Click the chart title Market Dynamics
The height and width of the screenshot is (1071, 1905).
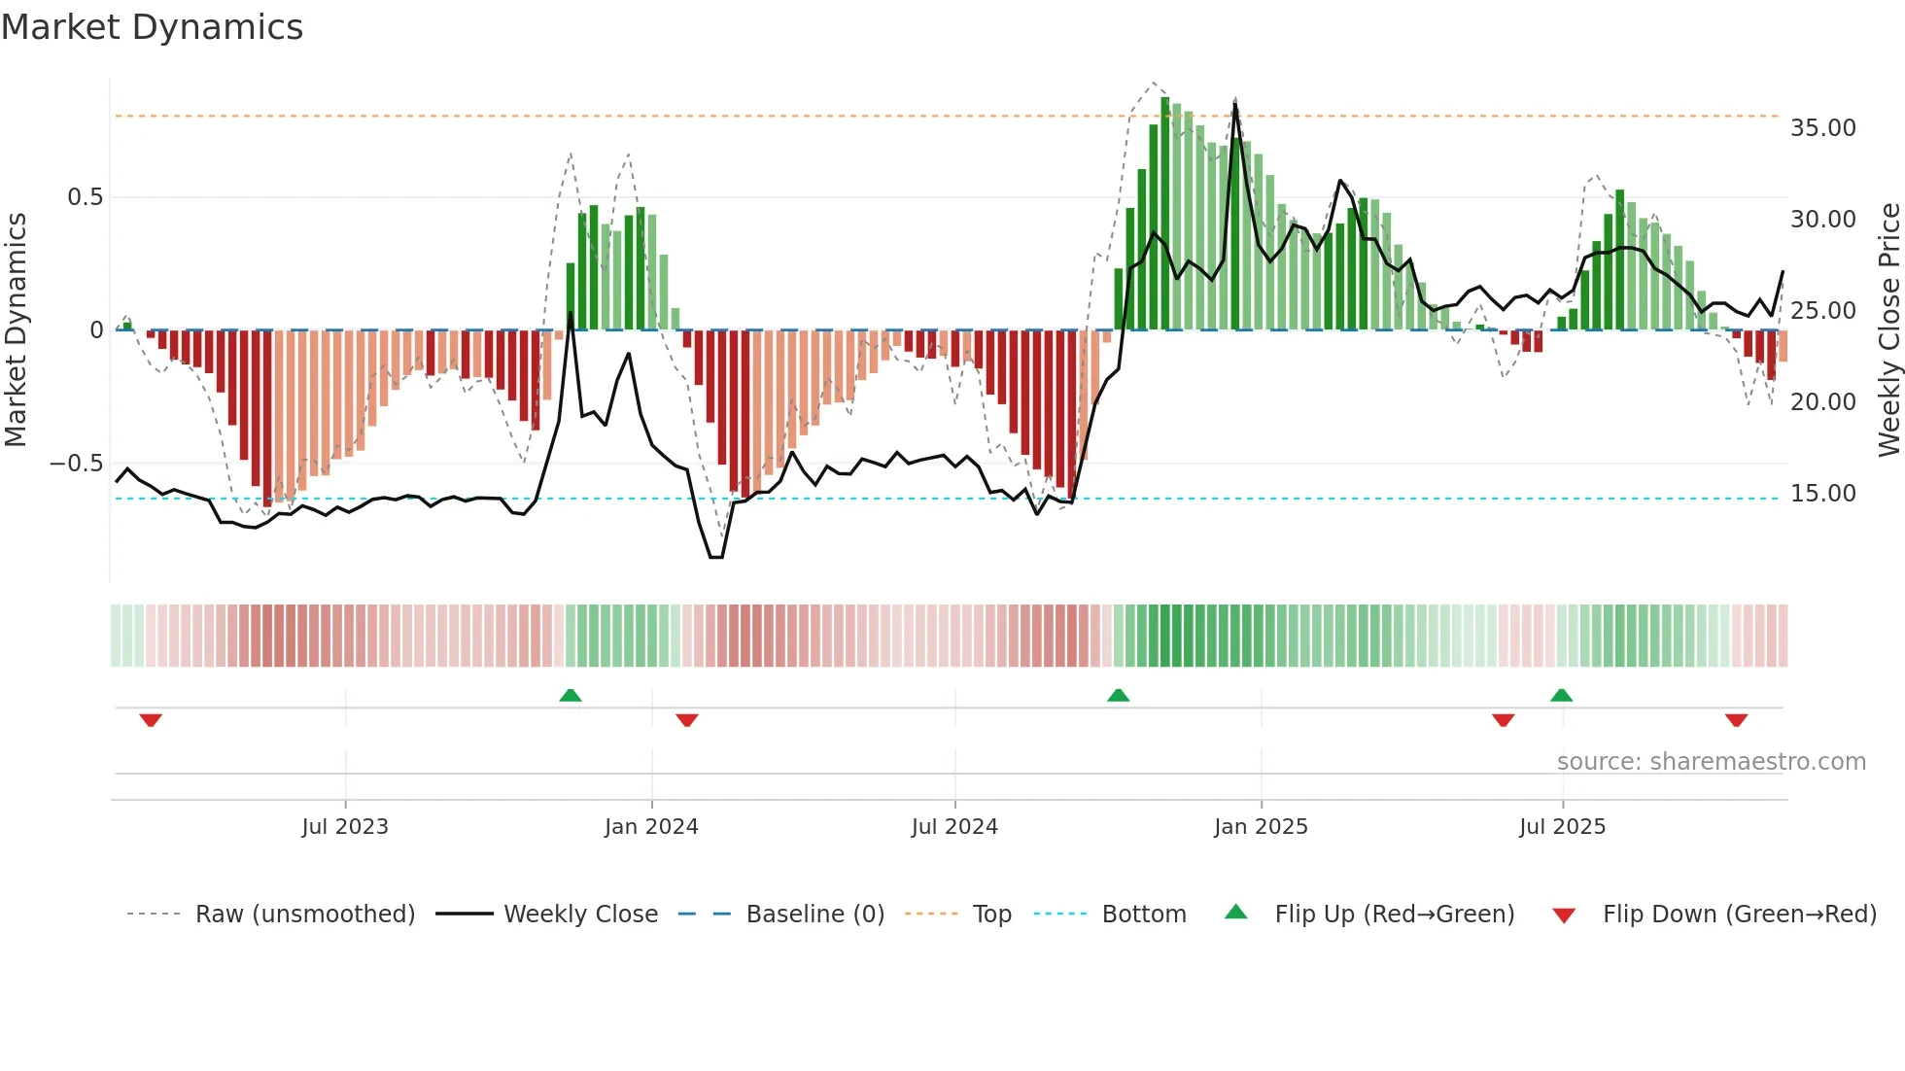pos(152,27)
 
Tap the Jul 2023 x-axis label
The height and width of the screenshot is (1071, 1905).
pos(345,827)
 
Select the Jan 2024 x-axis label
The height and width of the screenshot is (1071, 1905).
pos(651,827)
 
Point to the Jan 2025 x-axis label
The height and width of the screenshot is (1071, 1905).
pos(1261,827)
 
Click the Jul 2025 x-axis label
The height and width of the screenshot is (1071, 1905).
pos(1562,827)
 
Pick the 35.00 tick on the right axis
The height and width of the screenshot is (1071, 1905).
pos(1822,128)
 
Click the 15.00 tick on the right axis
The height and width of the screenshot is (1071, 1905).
pos(1822,494)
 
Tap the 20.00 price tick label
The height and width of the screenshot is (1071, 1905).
pos(1822,402)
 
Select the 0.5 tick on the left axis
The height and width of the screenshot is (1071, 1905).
pos(85,197)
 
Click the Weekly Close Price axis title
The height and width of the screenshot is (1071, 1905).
pos(1888,329)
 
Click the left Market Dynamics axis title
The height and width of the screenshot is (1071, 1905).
pos(16,329)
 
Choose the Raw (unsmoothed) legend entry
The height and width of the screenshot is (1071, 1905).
pos(304,915)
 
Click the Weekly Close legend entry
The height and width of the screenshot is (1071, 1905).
pos(580,915)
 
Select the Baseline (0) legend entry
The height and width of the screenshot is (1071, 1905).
pos(814,915)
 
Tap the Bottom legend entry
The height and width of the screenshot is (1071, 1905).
pos(1143,915)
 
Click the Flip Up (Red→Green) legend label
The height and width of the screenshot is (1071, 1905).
pos(1394,915)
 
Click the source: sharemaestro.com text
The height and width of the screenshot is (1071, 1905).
pos(1711,762)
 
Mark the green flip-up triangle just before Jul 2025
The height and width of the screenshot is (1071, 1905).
pos(1561,696)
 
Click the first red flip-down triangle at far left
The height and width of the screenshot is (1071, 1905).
pos(151,720)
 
